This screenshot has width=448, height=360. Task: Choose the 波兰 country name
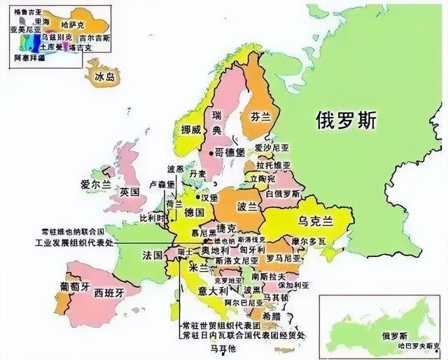click(x=248, y=207)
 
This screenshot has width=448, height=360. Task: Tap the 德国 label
click(x=195, y=212)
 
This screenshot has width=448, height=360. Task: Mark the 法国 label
click(x=153, y=252)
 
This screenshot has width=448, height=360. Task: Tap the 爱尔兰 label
click(x=95, y=184)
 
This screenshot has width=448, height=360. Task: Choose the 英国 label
click(x=129, y=191)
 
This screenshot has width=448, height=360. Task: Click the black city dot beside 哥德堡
click(x=211, y=151)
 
